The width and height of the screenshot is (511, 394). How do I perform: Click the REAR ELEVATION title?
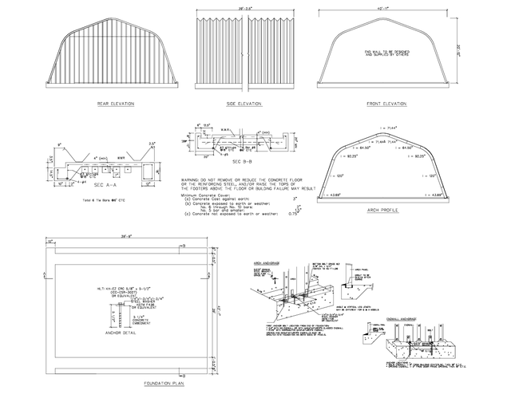point(115,104)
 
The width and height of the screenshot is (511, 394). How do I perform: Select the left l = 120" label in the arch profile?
point(340,175)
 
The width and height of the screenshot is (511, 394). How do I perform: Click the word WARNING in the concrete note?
point(192,179)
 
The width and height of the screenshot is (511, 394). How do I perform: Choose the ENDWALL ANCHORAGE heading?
point(399,317)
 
